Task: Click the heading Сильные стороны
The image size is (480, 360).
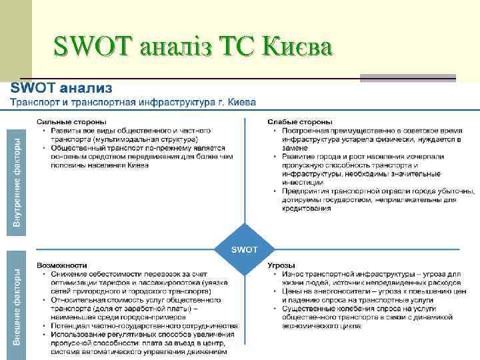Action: click(71, 122)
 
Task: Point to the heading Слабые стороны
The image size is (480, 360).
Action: click(300, 122)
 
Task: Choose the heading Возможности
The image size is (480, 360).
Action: click(62, 265)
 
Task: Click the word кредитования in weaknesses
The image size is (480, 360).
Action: click(306, 208)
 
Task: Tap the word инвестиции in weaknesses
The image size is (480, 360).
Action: click(303, 182)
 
